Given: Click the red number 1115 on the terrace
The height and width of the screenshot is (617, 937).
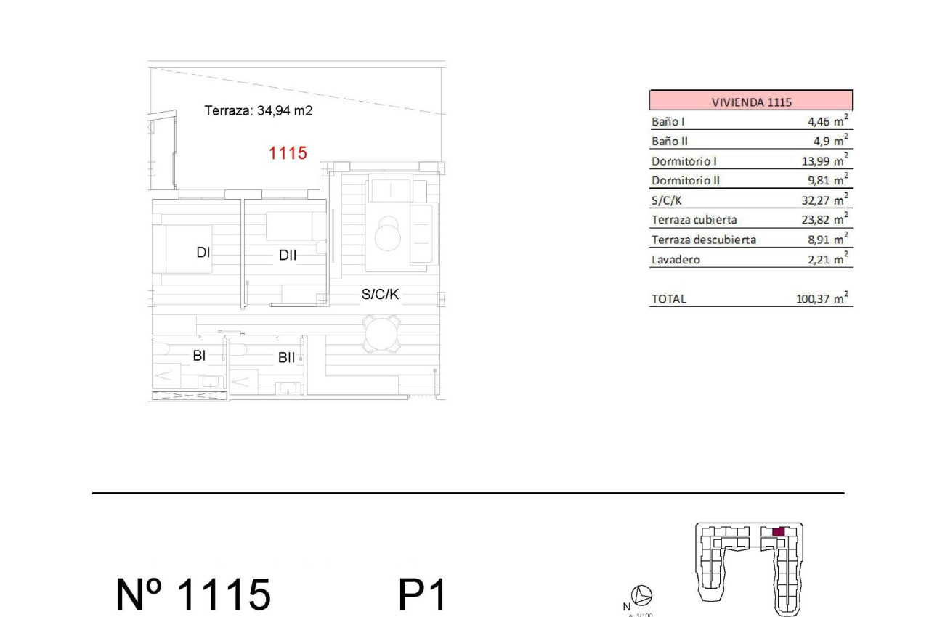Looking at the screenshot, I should pos(288,153).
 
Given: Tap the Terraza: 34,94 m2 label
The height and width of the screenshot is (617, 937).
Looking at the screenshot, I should pos(259,111).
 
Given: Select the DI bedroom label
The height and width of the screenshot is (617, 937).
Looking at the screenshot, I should pos(203,253).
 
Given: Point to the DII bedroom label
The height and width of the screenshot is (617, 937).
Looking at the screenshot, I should pos(288,256).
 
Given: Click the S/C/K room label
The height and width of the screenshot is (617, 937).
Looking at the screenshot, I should pos(381,295).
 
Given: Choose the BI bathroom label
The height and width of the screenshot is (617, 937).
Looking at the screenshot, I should pos(199,356).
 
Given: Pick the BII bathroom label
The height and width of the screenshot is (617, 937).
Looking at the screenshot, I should pos(286,358).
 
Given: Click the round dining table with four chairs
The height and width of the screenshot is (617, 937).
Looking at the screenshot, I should pos(381,335).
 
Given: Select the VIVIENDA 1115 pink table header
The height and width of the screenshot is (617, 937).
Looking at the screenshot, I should pos(751,102).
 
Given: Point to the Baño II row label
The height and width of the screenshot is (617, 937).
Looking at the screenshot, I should pos(669,142).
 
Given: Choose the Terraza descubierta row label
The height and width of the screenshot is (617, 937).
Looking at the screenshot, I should pos(703,240).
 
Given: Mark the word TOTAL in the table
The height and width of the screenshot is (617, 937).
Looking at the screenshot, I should pos(668,299).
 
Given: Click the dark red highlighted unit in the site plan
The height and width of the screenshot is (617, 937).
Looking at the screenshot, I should pos(778,532).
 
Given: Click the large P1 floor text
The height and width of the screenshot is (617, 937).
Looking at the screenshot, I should pos(421,594).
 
